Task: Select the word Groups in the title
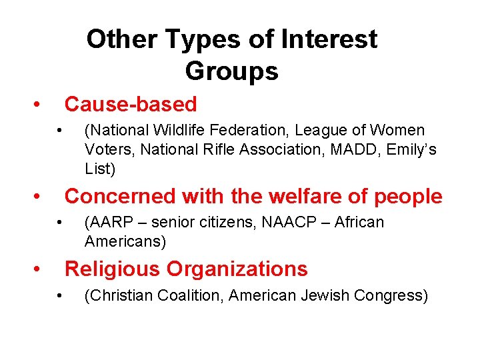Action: click(231, 70)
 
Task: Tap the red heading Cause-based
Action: click(131, 104)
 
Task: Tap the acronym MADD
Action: click(357, 149)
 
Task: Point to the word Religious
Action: click(111, 269)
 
